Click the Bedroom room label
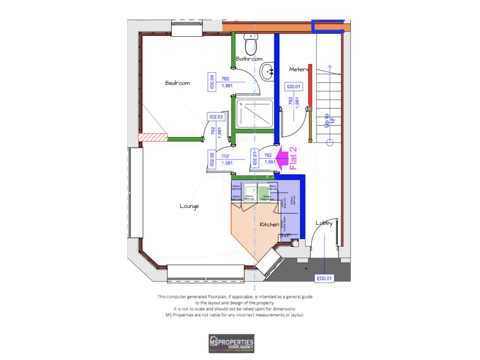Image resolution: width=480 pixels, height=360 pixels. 177,83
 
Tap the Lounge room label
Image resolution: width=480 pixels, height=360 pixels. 189,206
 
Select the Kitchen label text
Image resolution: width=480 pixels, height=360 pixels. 269,224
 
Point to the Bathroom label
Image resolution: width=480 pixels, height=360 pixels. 249,59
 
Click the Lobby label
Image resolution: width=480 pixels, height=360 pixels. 324,223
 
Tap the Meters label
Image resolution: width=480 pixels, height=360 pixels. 299,69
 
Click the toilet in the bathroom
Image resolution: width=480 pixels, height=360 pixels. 251,44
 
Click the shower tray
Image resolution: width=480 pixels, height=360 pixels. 254,113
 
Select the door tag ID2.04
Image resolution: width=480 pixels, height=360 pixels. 211,82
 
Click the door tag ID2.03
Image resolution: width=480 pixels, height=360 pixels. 216,117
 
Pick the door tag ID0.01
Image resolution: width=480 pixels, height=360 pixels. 294,87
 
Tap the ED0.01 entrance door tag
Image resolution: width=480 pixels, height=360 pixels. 324,278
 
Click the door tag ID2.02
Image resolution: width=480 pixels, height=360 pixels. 212,159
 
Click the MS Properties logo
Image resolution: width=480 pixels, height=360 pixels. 231,343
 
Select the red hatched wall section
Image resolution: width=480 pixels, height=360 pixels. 153,137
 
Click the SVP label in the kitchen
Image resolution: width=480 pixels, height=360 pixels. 285,235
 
